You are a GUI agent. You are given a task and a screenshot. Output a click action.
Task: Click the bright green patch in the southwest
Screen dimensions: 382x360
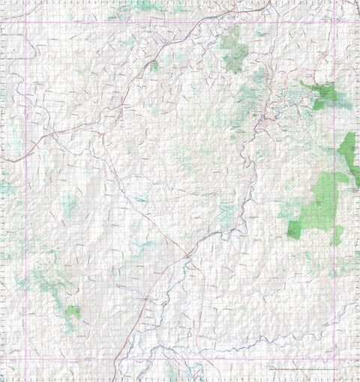click(72, 311)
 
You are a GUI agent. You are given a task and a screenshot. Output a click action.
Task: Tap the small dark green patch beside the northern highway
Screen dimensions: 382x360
click(154, 66)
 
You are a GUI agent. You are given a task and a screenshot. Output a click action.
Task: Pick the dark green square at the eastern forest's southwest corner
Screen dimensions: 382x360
click(293, 231)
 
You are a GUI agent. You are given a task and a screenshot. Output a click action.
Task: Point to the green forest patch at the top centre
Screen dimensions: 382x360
click(234, 49)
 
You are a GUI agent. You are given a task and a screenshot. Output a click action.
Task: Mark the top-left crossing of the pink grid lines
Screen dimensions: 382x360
click(25, 22)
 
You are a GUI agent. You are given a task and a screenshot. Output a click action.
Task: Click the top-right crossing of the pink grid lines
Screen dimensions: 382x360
click(334, 22)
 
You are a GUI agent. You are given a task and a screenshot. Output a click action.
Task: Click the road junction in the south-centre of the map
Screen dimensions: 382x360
click(187, 257)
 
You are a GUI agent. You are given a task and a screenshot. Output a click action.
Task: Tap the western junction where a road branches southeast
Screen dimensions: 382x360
click(101, 133)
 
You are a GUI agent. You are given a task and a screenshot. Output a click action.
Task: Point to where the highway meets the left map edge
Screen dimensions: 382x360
click(1, 160)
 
